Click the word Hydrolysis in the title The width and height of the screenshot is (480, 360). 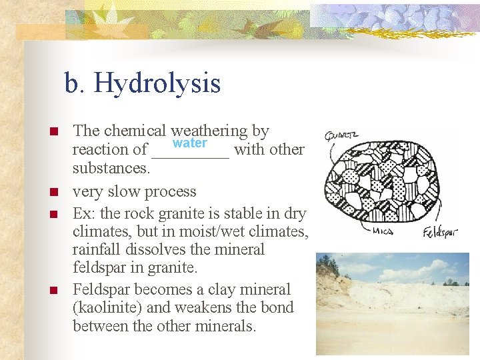157,84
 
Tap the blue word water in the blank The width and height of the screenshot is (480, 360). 190,144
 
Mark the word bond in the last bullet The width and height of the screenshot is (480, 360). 278,308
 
